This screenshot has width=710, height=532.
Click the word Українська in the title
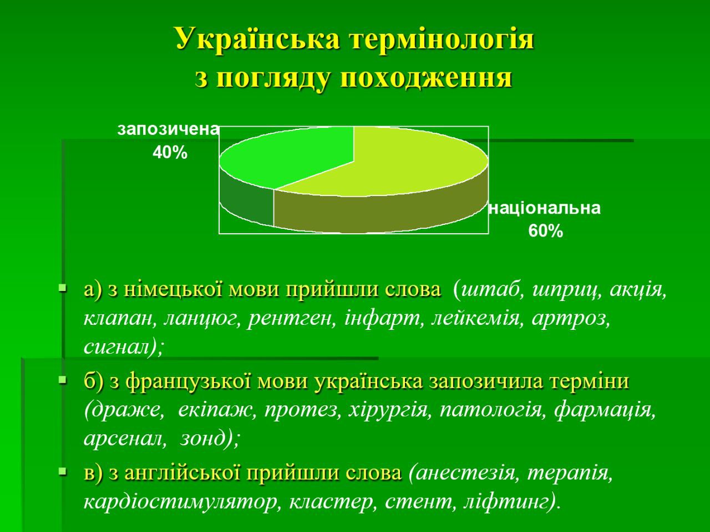pyautogui.click(x=257, y=38)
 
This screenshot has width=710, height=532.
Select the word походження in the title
pyautogui.click(x=427, y=78)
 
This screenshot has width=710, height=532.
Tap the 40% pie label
pyautogui.click(x=170, y=152)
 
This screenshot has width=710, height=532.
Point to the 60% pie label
pyautogui.click(x=546, y=231)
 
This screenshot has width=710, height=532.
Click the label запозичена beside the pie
pyautogui.click(x=168, y=129)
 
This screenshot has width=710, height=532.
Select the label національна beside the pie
pyautogui.click(x=545, y=208)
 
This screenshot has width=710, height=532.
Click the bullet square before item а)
pyautogui.click(x=63, y=287)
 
